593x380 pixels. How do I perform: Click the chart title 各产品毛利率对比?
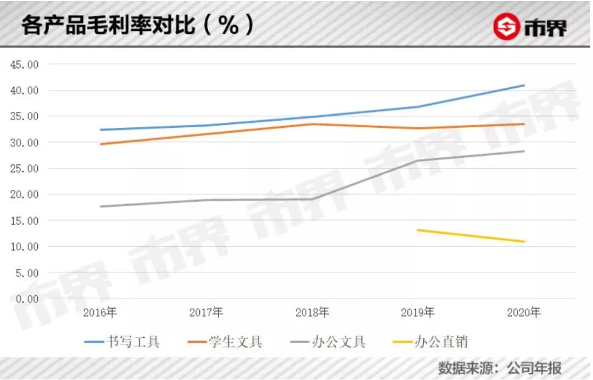(x=108, y=26)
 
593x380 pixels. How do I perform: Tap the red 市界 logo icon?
(x=506, y=27)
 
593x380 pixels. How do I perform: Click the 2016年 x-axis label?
(x=100, y=313)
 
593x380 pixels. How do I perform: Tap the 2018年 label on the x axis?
(x=312, y=313)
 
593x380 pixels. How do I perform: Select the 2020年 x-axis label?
(x=524, y=313)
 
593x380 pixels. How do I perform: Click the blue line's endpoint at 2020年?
(x=524, y=85)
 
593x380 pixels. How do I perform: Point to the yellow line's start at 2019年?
(x=418, y=230)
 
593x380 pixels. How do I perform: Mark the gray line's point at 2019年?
(x=418, y=161)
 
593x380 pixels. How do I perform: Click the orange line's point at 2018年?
(x=312, y=124)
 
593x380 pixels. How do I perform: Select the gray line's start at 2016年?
(x=100, y=206)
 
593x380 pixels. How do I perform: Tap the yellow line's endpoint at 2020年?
(x=524, y=242)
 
